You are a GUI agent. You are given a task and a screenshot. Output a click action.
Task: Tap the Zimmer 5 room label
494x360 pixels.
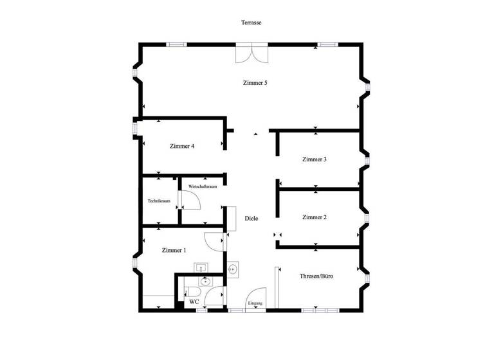(x=255, y=84)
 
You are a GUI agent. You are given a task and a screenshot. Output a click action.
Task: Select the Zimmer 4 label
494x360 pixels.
(x=182, y=146)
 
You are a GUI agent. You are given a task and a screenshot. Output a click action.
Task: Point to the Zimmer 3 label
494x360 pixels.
(x=315, y=159)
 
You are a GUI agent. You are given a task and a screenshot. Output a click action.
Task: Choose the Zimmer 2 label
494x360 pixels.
(x=315, y=217)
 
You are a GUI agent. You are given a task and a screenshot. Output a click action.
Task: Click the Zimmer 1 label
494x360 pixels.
(x=174, y=250)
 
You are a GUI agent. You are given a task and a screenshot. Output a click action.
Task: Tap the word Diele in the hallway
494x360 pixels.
(x=252, y=219)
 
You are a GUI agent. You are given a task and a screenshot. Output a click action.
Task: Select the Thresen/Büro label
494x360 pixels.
(x=316, y=276)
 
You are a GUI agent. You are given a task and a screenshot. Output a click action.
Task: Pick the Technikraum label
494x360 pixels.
(x=159, y=201)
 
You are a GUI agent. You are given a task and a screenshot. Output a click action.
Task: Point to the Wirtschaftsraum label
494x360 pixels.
(x=202, y=186)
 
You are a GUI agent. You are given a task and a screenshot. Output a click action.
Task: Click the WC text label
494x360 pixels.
(x=194, y=301)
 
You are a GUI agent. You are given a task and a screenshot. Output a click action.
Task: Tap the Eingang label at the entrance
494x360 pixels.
(x=255, y=303)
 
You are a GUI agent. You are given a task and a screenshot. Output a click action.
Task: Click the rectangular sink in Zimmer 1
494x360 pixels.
(x=201, y=267)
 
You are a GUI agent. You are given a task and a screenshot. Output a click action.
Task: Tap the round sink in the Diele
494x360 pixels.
(x=233, y=269)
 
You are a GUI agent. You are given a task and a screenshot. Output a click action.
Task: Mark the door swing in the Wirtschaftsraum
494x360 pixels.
(x=192, y=201)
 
